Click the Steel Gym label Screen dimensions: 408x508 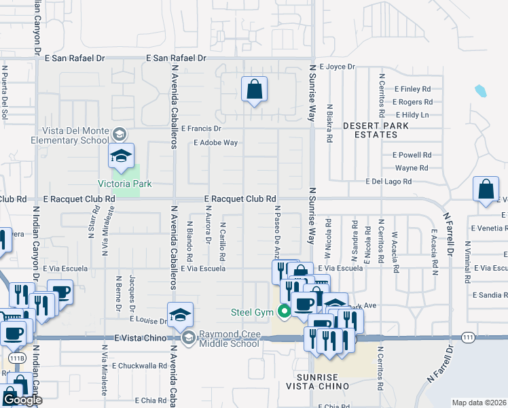(x=252, y=312)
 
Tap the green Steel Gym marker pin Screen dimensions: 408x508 (x=285, y=313)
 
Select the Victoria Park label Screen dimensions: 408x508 (x=125, y=184)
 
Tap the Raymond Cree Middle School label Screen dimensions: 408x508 (x=229, y=339)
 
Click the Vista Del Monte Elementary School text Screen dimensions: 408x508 (x=70, y=135)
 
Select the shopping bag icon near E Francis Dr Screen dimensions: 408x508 (x=254, y=89)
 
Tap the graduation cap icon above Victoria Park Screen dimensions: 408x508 (x=121, y=156)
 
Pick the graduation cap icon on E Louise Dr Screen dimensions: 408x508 (x=180, y=315)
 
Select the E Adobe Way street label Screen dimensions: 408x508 (x=215, y=143)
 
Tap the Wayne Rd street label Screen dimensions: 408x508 (x=412, y=168)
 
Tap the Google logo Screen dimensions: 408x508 (x=22, y=400)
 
